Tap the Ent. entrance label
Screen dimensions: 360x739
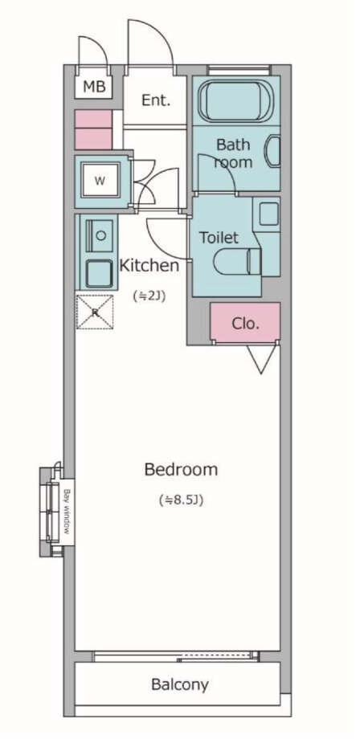click(156, 100)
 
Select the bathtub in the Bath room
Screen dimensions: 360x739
click(236, 101)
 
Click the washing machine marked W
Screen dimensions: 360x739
click(100, 181)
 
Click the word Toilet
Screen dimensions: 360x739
click(219, 237)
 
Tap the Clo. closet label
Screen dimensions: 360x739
click(246, 323)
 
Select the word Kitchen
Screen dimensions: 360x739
click(149, 265)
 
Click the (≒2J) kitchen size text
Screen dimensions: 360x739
click(149, 296)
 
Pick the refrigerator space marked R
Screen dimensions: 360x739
click(95, 312)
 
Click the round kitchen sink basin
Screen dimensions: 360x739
click(100, 235)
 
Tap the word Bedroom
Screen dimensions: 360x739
click(181, 469)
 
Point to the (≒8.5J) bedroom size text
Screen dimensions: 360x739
click(182, 500)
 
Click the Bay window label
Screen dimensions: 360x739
click(67, 512)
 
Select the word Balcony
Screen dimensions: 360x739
click(180, 684)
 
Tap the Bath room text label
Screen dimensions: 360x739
click(233, 153)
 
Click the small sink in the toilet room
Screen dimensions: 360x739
click(269, 214)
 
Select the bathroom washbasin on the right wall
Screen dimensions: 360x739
click(274, 151)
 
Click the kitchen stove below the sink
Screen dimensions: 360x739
click(99, 272)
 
